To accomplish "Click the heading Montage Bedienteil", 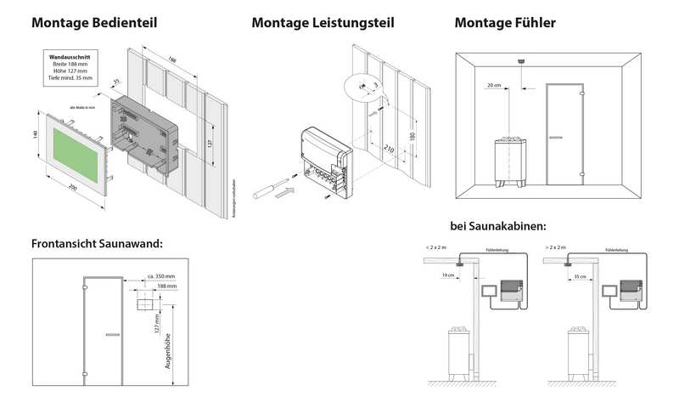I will (x=94, y=23).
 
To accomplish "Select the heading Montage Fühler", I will (x=505, y=23).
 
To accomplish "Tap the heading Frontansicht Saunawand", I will (x=97, y=244).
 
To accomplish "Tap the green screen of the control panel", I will (x=78, y=150).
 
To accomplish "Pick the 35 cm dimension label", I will (x=579, y=276).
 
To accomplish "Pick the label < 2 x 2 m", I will (x=438, y=247).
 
